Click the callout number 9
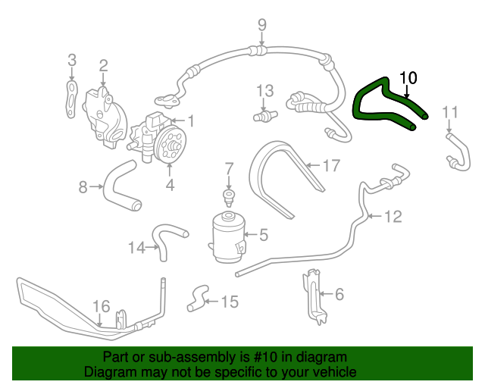tap(261, 25)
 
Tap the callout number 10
tap(408, 77)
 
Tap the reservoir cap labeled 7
tap(227, 198)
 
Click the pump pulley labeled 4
tap(169, 144)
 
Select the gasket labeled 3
tap(70, 99)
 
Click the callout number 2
tap(103, 66)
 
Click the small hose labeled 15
tap(199, 296)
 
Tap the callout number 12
tap(392, 217)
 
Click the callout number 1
tap(191, 120)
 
